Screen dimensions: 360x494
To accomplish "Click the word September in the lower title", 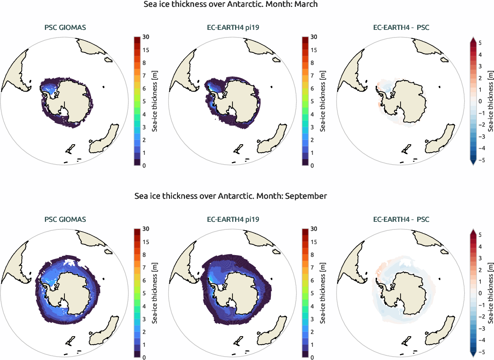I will tap(306, 196).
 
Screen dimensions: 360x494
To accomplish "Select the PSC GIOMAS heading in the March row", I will tap(65, 28).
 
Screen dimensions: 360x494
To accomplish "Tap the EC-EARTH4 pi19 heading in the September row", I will tap(233, 220).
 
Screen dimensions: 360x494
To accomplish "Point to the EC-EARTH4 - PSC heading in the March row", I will tap(401, 28).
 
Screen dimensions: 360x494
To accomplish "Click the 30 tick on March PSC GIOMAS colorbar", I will tap(145, 38).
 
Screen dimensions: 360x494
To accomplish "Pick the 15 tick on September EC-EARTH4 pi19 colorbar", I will tap(314, 242).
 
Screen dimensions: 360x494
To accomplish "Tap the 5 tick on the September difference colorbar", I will tap(480, 235).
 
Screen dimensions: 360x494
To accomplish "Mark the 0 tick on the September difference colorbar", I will tap(480, 293).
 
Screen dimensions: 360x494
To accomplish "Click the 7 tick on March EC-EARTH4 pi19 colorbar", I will tap(314, 76).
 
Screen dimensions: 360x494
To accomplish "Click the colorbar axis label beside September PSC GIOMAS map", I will tap(155, 293).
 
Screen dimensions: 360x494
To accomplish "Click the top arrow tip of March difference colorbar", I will tap(473, 38).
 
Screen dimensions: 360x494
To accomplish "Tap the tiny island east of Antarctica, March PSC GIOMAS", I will tap(104, 87).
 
